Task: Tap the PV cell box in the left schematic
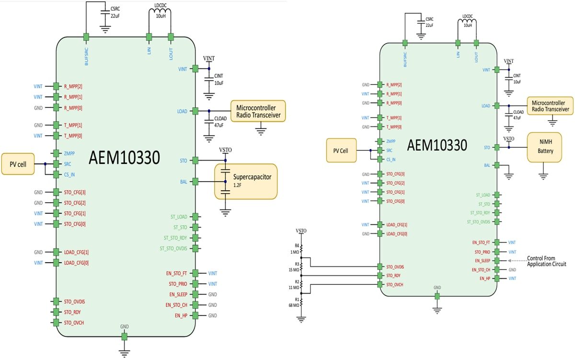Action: point(18,164)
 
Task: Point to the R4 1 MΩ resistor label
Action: point(294,249)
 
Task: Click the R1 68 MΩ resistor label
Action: point(294,302)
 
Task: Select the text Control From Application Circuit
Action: point(546,261)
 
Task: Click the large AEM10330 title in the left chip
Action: point(125,157)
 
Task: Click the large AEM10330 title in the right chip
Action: point(437,145)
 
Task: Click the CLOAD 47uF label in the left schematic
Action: point(220,121)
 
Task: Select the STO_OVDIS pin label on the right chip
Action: point(394,267)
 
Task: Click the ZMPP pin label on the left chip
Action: point(69,154)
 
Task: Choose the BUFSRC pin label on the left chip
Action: point(87,56)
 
